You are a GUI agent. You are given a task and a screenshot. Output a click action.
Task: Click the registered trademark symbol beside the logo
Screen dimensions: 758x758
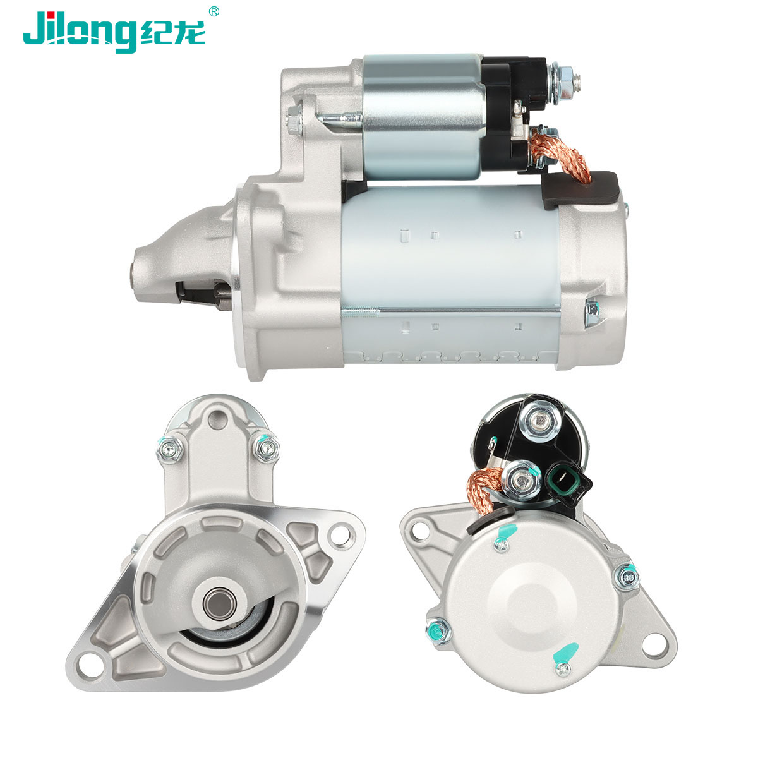214,12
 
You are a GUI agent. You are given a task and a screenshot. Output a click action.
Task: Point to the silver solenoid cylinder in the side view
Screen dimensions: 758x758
423,117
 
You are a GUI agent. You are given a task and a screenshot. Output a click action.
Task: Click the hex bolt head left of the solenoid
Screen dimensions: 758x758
294,118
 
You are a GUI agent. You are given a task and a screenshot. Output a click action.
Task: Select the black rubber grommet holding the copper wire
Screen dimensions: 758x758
581,190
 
